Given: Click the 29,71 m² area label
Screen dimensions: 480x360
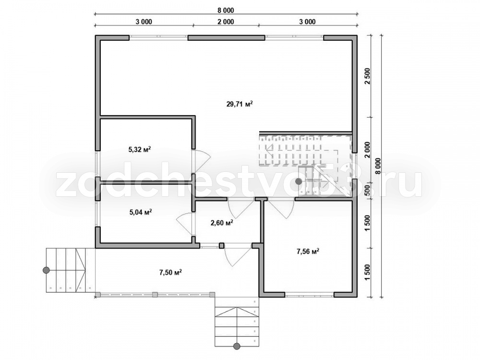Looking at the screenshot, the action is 240,104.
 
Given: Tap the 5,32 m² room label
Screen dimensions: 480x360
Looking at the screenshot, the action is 139,150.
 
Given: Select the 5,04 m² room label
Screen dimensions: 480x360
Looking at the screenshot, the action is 141,212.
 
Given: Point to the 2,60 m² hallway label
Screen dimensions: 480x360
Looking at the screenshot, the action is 222,223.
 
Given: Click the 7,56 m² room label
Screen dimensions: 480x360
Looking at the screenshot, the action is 308,252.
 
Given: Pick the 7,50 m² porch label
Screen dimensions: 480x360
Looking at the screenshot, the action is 170,272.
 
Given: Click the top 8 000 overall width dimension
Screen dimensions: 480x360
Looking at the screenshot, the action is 226,11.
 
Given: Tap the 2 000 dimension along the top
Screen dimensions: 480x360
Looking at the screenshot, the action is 226,22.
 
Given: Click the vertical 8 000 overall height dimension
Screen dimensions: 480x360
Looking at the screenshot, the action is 379,166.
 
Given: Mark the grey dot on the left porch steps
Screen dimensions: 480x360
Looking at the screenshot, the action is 46,270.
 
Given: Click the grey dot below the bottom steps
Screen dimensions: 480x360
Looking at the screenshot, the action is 237,346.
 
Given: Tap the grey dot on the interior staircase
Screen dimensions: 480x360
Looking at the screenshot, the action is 299,181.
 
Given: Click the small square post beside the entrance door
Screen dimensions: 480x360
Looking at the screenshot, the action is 222,245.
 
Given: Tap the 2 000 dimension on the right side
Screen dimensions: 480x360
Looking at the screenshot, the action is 368,149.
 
